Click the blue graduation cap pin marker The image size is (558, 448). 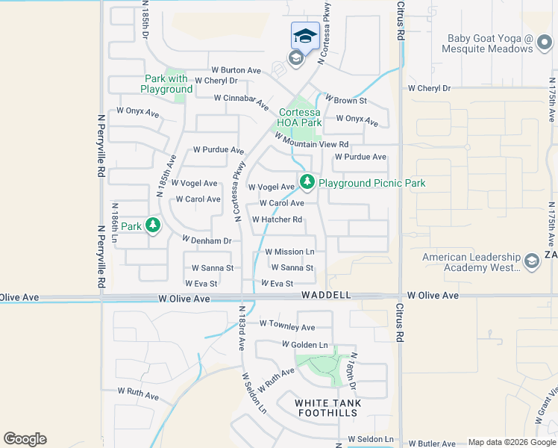(305, 36)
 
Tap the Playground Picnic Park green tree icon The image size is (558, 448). (307, 181)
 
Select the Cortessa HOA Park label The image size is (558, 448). (300, 118)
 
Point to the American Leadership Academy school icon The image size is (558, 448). (531, 261)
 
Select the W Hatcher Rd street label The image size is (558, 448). (277, 220)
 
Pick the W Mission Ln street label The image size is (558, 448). (289, 252)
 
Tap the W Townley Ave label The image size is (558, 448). (287, 327)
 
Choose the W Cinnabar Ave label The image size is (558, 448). (241, 98)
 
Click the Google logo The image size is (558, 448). (25, 439)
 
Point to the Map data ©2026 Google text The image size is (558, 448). (511, 442)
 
